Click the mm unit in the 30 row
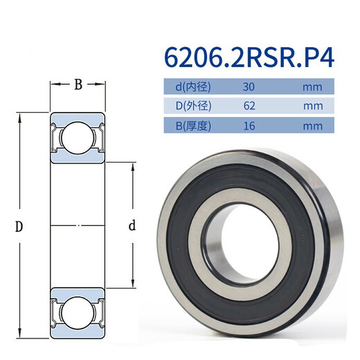[313, 87]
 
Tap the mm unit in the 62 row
[313, 107]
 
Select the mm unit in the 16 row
[313, 126]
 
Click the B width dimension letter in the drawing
[78, 84]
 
